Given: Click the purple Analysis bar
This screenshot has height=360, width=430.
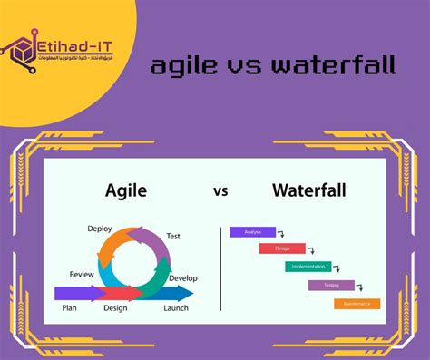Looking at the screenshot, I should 252,231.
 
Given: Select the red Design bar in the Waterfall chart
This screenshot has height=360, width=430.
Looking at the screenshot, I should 281,248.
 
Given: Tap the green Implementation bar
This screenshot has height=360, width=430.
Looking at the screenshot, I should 308,267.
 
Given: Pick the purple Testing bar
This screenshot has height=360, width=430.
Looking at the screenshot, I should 330,285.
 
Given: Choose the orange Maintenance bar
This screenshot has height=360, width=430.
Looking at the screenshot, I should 357,304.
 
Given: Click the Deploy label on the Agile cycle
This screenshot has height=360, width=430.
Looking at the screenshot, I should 100,229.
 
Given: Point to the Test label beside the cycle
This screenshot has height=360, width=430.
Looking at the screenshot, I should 173,237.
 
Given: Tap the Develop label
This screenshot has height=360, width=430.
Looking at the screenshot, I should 182,277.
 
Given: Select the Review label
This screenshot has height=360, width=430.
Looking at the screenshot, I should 82,274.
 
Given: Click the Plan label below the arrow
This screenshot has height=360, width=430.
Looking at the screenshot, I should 69,308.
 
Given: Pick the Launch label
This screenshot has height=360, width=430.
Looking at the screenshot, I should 176,308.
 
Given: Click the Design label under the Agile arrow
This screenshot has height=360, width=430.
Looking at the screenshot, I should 115,308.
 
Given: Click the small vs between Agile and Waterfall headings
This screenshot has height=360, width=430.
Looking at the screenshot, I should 220,191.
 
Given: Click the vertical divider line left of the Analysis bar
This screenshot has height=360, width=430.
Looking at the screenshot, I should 221,267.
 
